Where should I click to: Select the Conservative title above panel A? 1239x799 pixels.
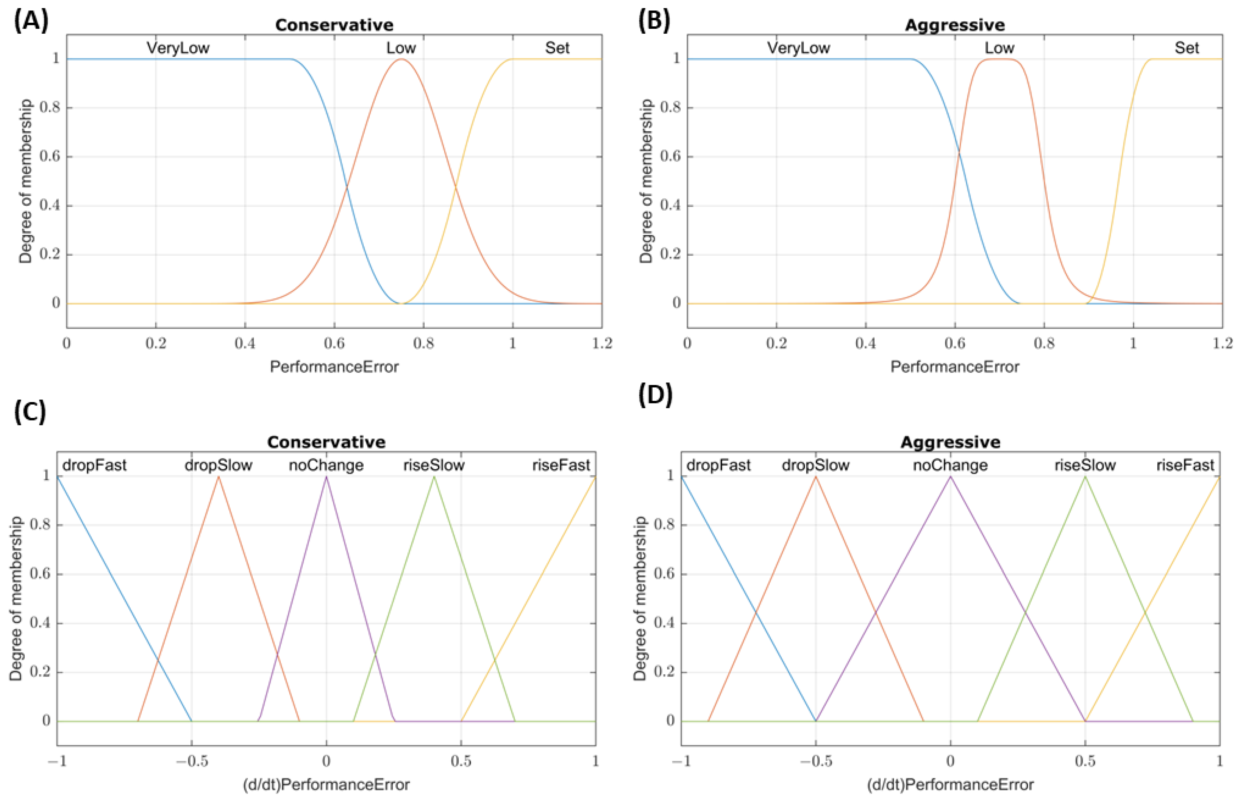pyautogui.click(x=334, y=25)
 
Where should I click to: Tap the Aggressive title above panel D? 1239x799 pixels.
pyautogui.click(x=950, y=442)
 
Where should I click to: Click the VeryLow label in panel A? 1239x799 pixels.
pyautogui.click(x=178, y=48)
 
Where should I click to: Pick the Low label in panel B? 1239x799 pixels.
pyautogui.click(x=999, y=48)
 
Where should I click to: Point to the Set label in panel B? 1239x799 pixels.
pyautogui.click(x=1187, y=48)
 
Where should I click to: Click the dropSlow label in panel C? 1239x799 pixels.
pyautogui.click(x=218, y=465)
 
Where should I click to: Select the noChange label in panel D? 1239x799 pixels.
pyautogui.click(x=950, y=465)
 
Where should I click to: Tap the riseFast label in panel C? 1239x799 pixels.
pyautogui.click(x=561, y=465)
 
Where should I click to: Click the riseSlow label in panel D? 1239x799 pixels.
pyautogui.click(x=1085, y=465)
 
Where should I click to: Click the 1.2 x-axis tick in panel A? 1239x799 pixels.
pyautogui.click(x=602, y=344)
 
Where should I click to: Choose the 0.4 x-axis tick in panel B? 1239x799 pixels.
pyautogui.click(x=865, y=344)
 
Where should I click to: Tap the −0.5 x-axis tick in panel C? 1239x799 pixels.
pyautogui.click(x=191, y=761)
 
